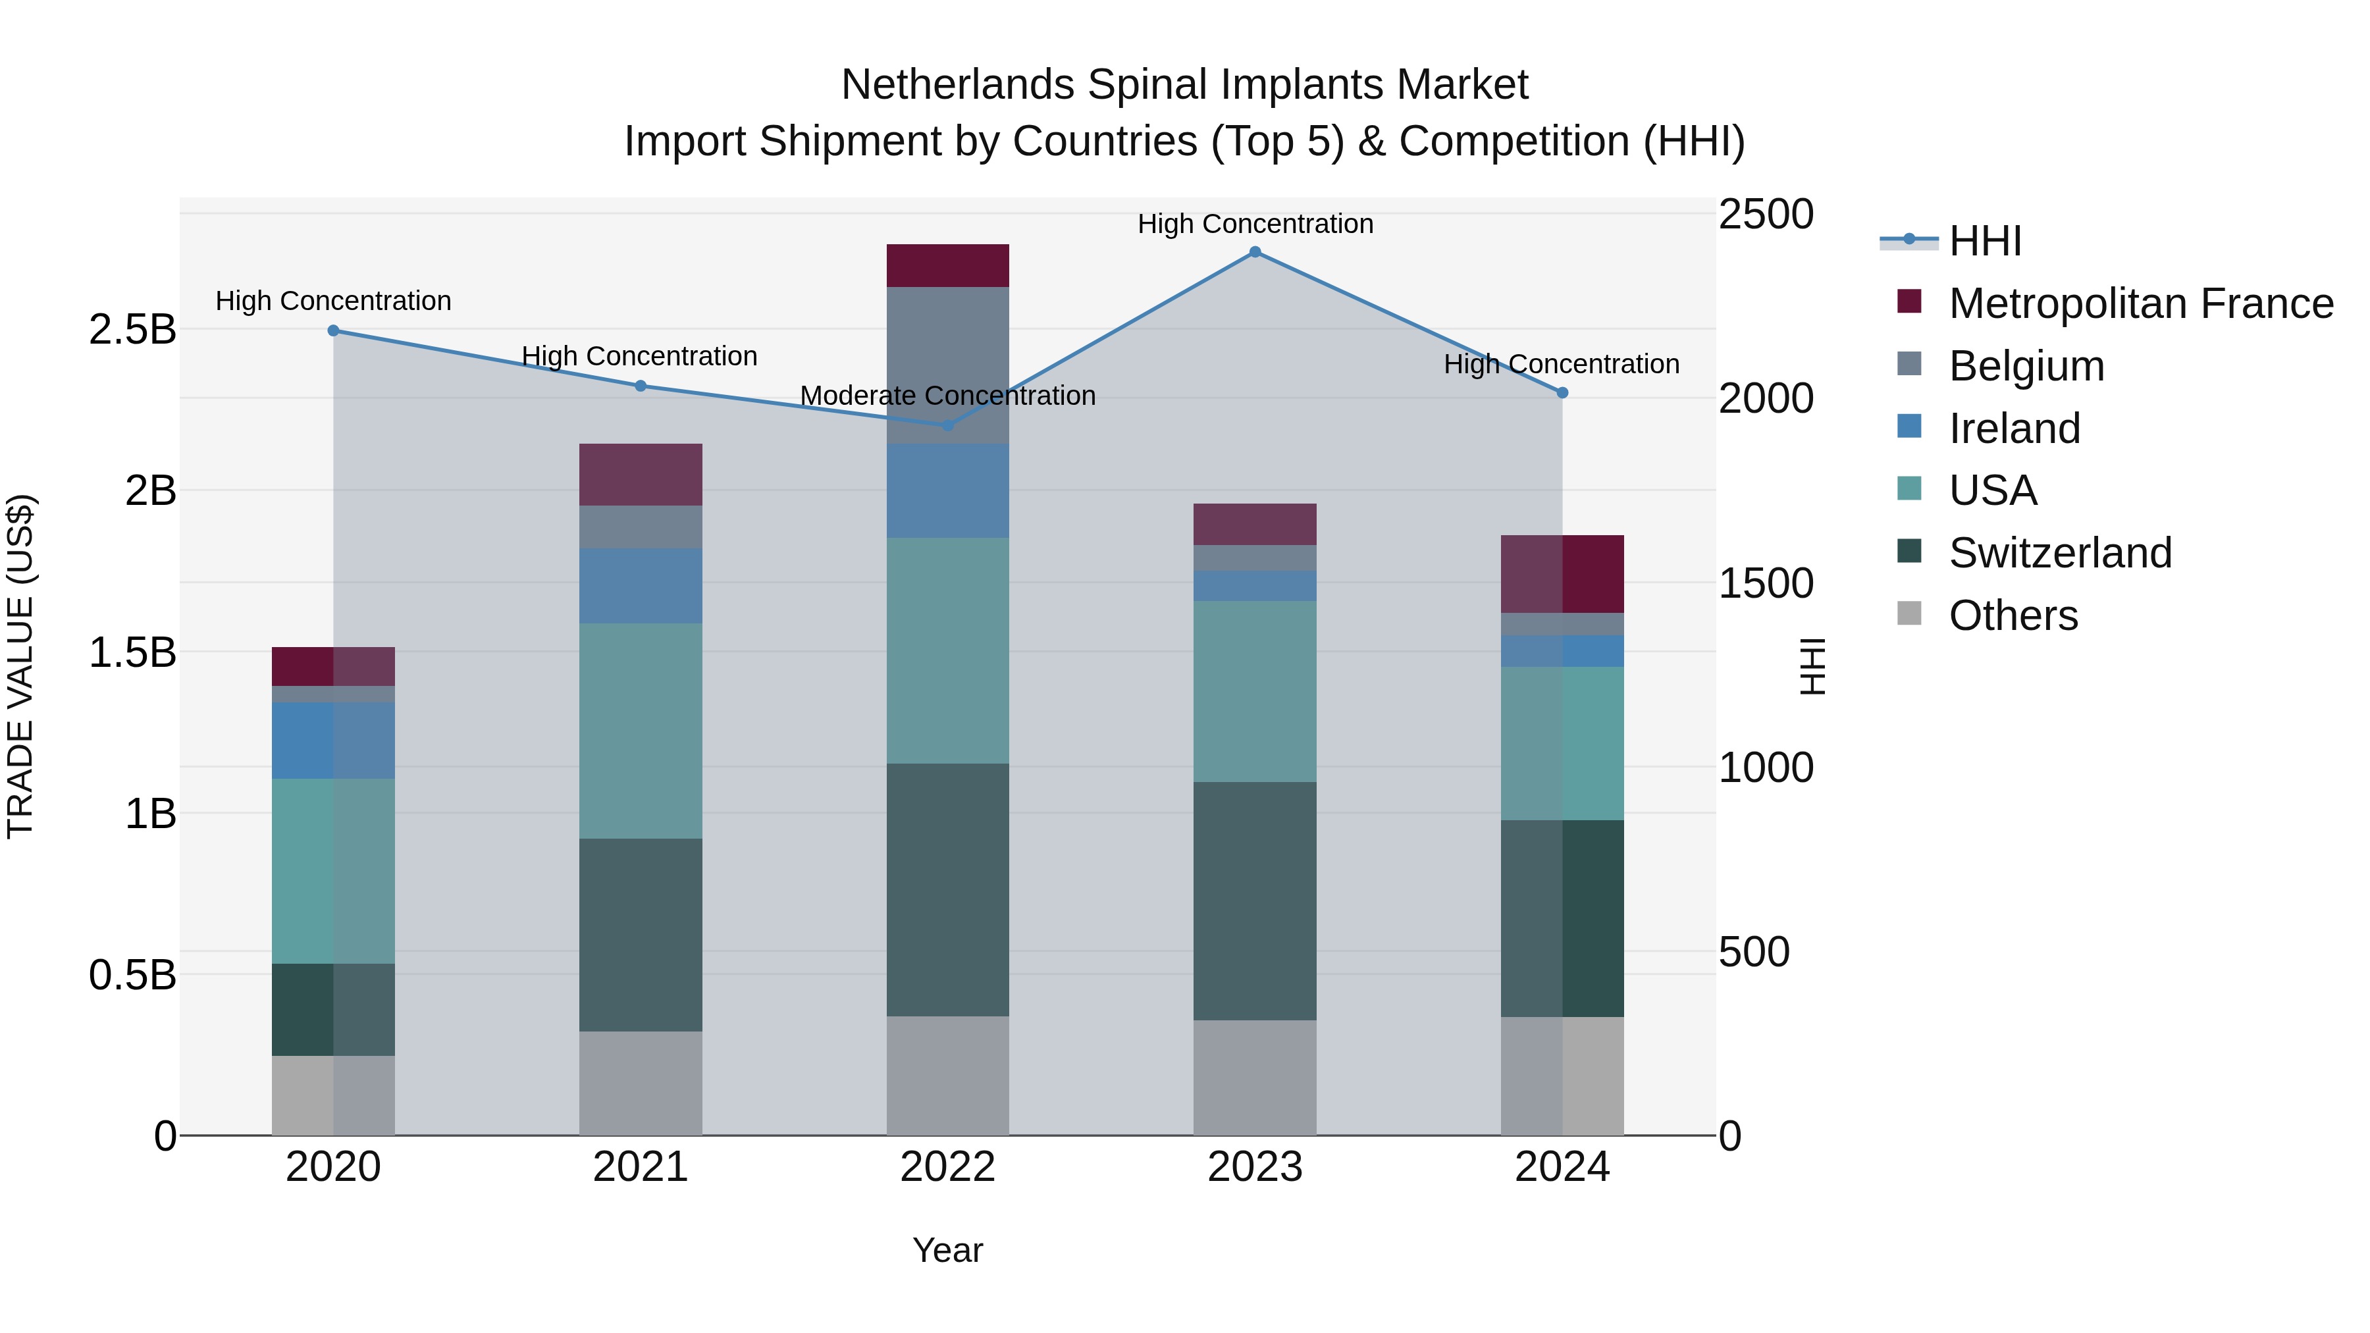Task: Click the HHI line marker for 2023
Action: (1255, 252)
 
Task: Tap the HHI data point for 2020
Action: (333, 331)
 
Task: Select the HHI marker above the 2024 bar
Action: (1562, 393)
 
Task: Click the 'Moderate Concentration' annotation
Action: (947, 396)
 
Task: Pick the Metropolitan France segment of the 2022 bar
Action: (947, 266)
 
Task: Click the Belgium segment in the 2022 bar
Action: (947, 365)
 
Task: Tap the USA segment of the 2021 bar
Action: (641, 731)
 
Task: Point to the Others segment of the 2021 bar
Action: (641, 1083)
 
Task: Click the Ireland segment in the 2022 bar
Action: (947, 490)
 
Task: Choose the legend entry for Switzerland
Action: (2059, 553)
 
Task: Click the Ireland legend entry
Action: (2014, 429)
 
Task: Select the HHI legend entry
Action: (1984, 241)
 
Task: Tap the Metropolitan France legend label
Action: (2140, 303)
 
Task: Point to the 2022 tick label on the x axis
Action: (947, 1167)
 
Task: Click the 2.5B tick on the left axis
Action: (132, 329)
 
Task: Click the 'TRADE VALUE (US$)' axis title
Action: (20, 666)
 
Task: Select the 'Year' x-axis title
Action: (947, 1250)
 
